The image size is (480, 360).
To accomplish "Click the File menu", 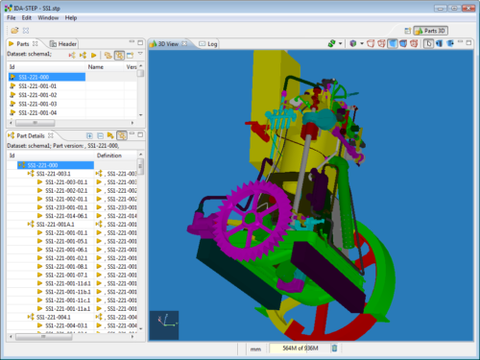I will [x=11, y=18].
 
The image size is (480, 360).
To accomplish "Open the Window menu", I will [x=47, y=18].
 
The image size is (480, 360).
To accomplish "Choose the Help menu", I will [x=71, y=18].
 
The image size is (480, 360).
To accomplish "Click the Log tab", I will [x=211, y=44].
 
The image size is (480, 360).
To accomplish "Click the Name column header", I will [x=96, y=67].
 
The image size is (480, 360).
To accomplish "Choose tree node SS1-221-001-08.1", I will [x=66, y=266].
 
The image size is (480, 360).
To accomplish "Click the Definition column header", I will [x=109, y=156].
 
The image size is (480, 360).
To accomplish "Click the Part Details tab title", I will [x=36, y=135].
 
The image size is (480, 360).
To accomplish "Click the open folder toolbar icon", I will [x=14, y=31].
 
